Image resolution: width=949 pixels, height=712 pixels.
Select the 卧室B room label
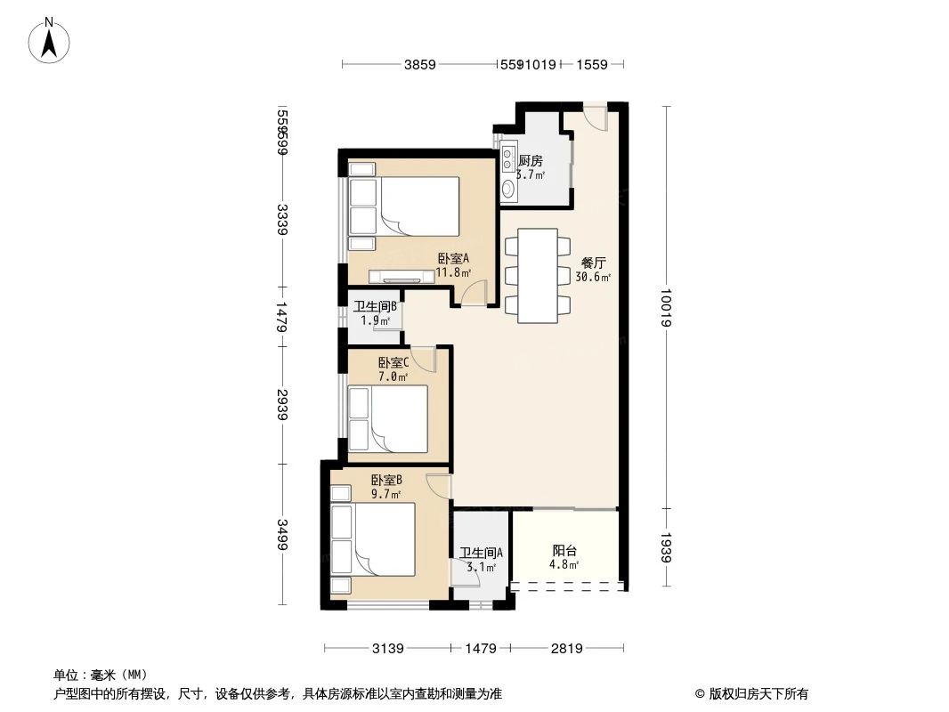(x=386, y=481)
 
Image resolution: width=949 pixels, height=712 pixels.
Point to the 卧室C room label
(x=393, y=363)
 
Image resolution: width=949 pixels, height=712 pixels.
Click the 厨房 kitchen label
(x=531, y=161)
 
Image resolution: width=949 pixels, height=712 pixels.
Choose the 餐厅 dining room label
(x=593, y=263)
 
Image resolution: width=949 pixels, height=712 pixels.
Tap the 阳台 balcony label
(x=564, y=551)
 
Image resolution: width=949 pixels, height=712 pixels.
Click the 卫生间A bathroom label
(x=481, y=553)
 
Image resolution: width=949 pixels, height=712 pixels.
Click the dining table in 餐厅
(x=538, y=276)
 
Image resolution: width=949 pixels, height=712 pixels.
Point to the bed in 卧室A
(x=418, y=206)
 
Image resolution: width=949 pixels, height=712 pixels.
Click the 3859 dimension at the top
(x=420, y=65)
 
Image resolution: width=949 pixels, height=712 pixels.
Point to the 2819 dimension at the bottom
(x=566, y=649)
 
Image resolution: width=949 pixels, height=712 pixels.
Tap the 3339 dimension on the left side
(x=282, y=220)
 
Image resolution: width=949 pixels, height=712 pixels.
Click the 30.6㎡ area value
(x=593, y=278)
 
